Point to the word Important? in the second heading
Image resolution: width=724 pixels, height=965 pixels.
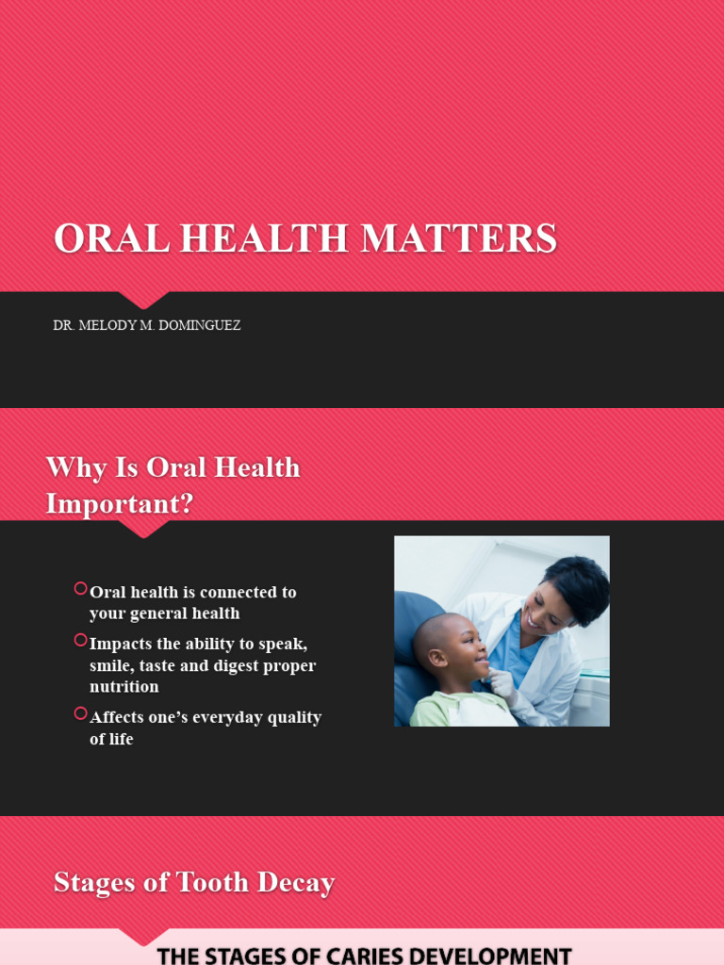point(120,503)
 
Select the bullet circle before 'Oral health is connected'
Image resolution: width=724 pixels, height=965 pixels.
point(80,589)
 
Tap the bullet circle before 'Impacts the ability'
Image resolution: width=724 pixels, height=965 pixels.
point(80,640)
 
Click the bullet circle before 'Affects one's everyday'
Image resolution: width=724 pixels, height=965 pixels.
point(80,713)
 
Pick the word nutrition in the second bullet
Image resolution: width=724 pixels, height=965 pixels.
point(124,687)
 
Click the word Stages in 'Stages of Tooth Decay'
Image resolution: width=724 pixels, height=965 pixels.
point(90,883)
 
